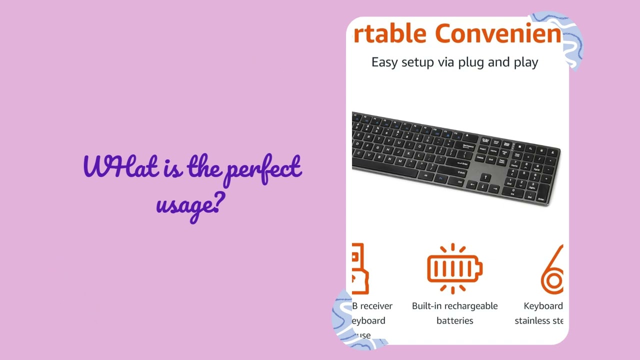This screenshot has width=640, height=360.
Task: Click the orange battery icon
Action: (x=454, y=268)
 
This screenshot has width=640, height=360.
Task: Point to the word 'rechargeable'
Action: (x=470, y=306)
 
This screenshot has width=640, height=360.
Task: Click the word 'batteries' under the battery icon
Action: (x=454, y=320)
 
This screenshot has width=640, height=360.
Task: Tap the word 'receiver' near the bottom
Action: (x=376, y=306)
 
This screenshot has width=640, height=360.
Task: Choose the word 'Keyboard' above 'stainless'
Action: (x=543, y=306)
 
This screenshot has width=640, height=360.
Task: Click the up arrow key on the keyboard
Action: (x=485, y=177)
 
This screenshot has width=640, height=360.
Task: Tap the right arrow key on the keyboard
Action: (x=495, y=188)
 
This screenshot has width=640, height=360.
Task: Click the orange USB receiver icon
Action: (x=360, y=268)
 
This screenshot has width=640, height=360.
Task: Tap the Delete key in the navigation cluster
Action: (x=480, y=157)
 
